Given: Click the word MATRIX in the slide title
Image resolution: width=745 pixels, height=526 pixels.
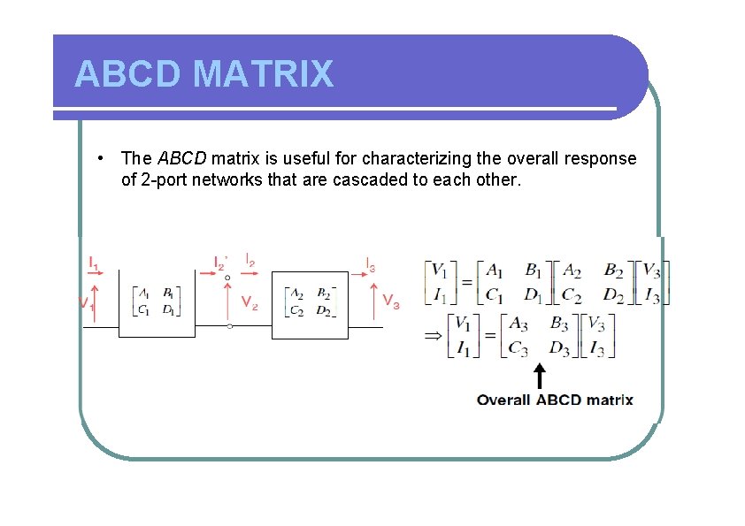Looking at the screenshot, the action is coord(263,74).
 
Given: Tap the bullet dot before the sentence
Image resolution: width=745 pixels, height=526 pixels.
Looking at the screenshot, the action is coord(104,158).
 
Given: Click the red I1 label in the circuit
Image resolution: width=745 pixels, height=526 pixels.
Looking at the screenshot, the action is coord(94,263).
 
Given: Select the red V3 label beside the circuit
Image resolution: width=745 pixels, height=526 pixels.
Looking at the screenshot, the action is coord(392,301).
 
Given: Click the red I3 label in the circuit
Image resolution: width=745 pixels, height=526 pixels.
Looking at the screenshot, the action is coord(372,263).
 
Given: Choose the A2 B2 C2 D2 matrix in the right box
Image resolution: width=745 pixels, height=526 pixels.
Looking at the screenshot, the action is coord(310,301).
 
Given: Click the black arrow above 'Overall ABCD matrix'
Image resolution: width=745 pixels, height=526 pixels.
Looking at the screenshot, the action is coord(538,375).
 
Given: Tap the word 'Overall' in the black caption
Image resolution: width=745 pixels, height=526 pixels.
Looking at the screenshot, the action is coord(503,400).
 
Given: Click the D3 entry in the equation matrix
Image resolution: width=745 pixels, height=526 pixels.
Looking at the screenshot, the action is coord(558,347).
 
